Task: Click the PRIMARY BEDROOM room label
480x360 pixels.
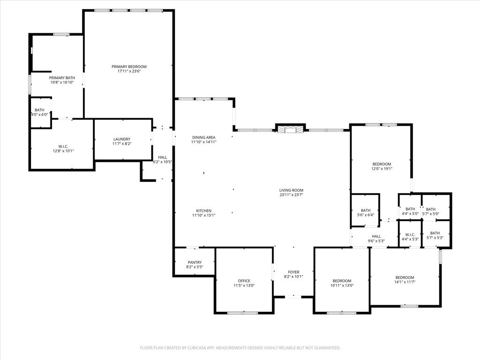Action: [129, 67]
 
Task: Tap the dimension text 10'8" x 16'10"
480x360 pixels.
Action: [62, 82]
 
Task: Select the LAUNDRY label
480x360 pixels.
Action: [122, 139]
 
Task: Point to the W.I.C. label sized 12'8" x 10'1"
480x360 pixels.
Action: [63, 146]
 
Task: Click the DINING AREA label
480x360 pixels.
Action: [203, 137]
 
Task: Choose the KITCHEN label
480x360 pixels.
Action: [203, 211]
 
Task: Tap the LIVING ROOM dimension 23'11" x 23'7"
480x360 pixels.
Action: [291, 195]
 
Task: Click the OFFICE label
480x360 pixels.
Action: [244, 281]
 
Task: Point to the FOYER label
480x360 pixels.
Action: [293, 272]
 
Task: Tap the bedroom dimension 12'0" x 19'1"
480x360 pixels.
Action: [382, 169]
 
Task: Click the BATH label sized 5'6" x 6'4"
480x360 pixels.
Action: [366, 210]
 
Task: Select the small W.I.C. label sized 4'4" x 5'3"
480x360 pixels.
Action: [410, 234]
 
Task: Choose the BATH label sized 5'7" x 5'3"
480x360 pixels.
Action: [435, 233]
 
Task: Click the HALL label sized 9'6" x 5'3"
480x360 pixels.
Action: [376, 237]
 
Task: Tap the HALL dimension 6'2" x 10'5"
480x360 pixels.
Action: [163, 162]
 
